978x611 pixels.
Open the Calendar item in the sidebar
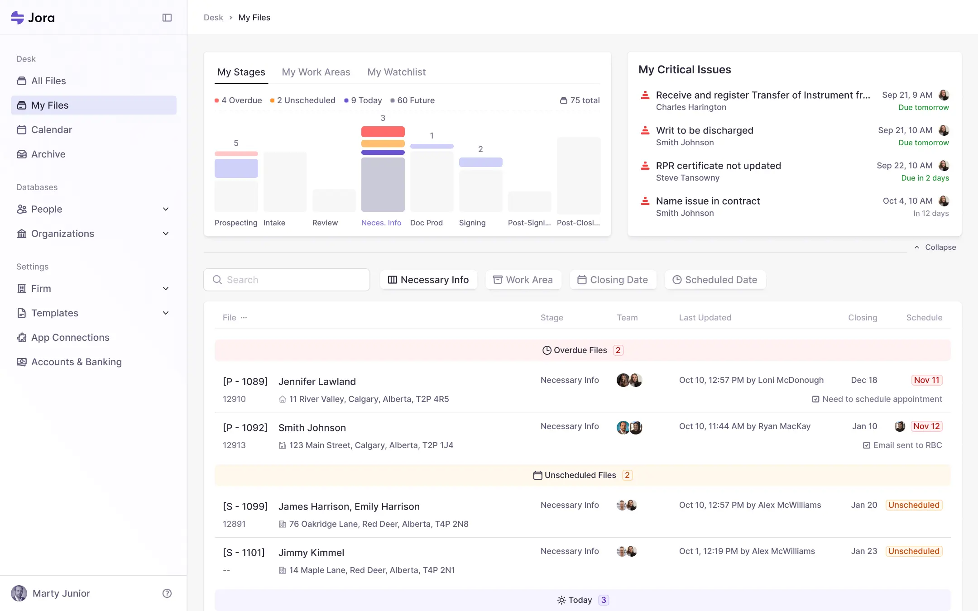(51, 130)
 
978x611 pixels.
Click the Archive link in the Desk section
(48, 154)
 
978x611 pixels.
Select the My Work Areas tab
(316, 72)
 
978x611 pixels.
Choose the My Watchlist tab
(396, 72)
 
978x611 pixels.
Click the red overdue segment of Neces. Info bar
(383, 132)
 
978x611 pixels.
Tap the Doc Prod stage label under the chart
(426, 223)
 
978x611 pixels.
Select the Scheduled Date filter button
(715, 280)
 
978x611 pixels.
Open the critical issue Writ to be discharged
(704, 130)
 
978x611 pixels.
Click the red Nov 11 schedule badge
(926, 380)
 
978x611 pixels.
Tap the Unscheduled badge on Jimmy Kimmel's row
(913, 551)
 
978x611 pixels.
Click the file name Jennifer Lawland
(317, 382)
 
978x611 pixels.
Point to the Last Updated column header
(705, 318)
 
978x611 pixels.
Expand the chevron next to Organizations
(166, 234)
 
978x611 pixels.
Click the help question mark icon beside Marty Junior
(167, 593)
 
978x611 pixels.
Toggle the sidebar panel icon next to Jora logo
(167, 18)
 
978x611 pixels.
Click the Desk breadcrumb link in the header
(213, 18)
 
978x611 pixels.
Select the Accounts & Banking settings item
(76, 362)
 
